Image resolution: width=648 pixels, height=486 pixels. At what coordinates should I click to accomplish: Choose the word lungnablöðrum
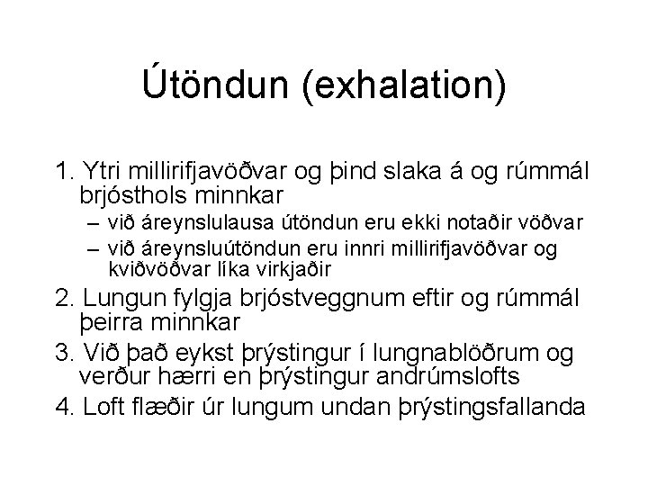pos(459,352)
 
